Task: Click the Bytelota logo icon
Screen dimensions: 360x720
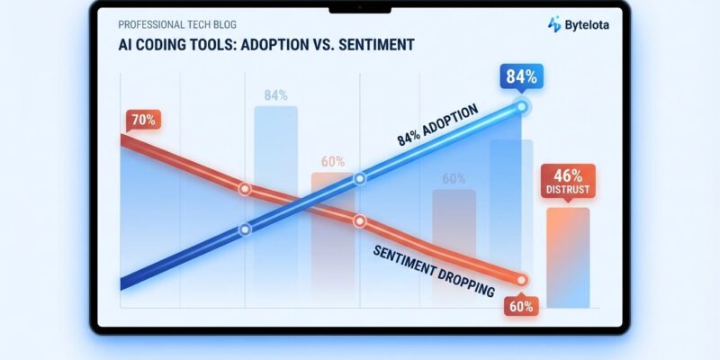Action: pyautogui.click(x=554, y=25)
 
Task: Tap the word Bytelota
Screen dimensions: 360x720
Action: pyautogui.click(x=585, y=25)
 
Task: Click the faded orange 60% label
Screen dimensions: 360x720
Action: pyautogui.click(x=333, y=162)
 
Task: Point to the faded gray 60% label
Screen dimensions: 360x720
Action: pyautogui.click(x=454, y=178)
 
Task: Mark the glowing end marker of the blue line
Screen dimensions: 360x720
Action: pyautogui.click(x=521, y=107)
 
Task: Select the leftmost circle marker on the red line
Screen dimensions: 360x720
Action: pyautogui.click(x=243, y=189)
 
